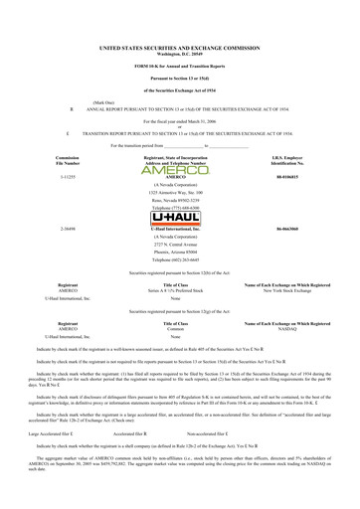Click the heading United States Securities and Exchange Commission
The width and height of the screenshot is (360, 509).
pos(181,47)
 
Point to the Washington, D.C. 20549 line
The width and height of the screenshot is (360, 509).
pos(181,53)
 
